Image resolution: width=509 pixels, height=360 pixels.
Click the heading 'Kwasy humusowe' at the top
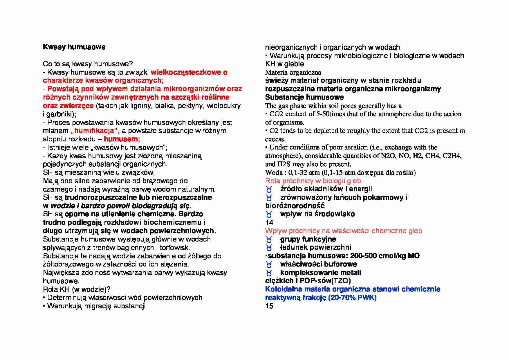[74, 47]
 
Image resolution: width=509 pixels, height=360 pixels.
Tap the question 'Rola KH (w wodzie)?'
[77, 289]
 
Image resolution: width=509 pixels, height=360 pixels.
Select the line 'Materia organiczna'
[293, 72]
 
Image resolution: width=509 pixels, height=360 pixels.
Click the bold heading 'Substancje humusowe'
[304, 97]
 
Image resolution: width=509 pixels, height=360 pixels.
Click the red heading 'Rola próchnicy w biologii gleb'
[313, 181]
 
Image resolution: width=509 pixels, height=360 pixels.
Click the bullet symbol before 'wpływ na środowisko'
[269, 215]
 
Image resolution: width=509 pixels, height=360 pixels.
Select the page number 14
[269, 223]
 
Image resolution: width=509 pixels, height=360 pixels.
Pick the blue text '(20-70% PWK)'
[352, 298]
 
